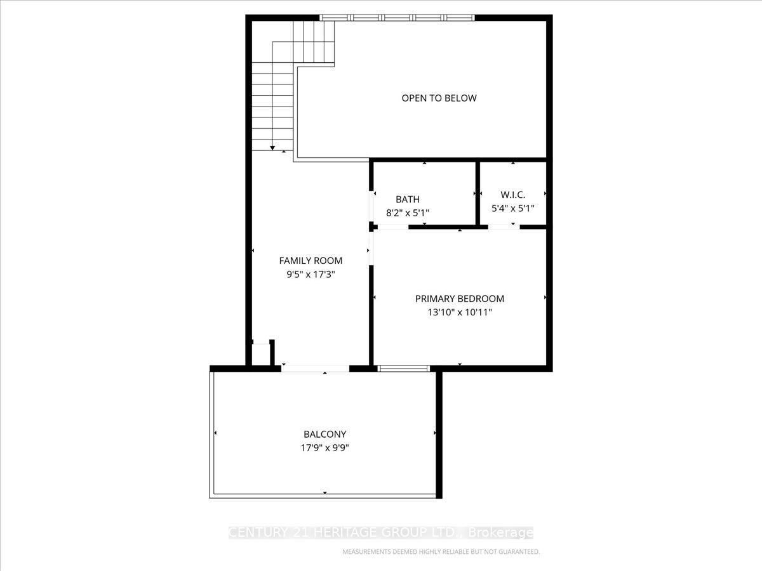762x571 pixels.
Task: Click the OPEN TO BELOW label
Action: click(x=439, y=98)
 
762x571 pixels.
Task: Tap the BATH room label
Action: click(x=407, y=199)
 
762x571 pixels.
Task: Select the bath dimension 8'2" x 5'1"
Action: click(x=407, y=213)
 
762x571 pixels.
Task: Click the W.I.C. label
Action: click(x=512, y=195)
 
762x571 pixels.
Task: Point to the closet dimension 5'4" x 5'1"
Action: click(x=512, y=208)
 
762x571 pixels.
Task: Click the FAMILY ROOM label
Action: click(x=311, y=261)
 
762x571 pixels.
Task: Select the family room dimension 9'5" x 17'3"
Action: click(x=311, y=275)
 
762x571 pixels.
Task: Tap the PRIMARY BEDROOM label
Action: click(x=459, y=299)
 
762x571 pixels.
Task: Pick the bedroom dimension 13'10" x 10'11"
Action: click(x=459, y=312)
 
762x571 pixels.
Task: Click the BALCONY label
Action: click(x=324, y=435)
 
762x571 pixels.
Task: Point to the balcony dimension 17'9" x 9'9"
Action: click(x=324, y=448)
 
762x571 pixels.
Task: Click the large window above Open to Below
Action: click(x=397, y=18)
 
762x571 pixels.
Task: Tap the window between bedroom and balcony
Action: click(x=404, y=368)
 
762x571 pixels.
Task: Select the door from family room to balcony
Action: click(x=315, y=368)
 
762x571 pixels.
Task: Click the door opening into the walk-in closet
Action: click(x=504, y=226)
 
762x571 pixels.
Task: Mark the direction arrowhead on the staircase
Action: click(x=273, y=147)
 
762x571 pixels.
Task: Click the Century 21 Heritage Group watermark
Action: click(x=381, y=533)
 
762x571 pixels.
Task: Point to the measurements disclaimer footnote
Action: click(x=441, y=552)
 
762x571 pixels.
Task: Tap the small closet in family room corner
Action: click(x=261, y=354)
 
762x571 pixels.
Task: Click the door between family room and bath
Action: click(x=372, y=204)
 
